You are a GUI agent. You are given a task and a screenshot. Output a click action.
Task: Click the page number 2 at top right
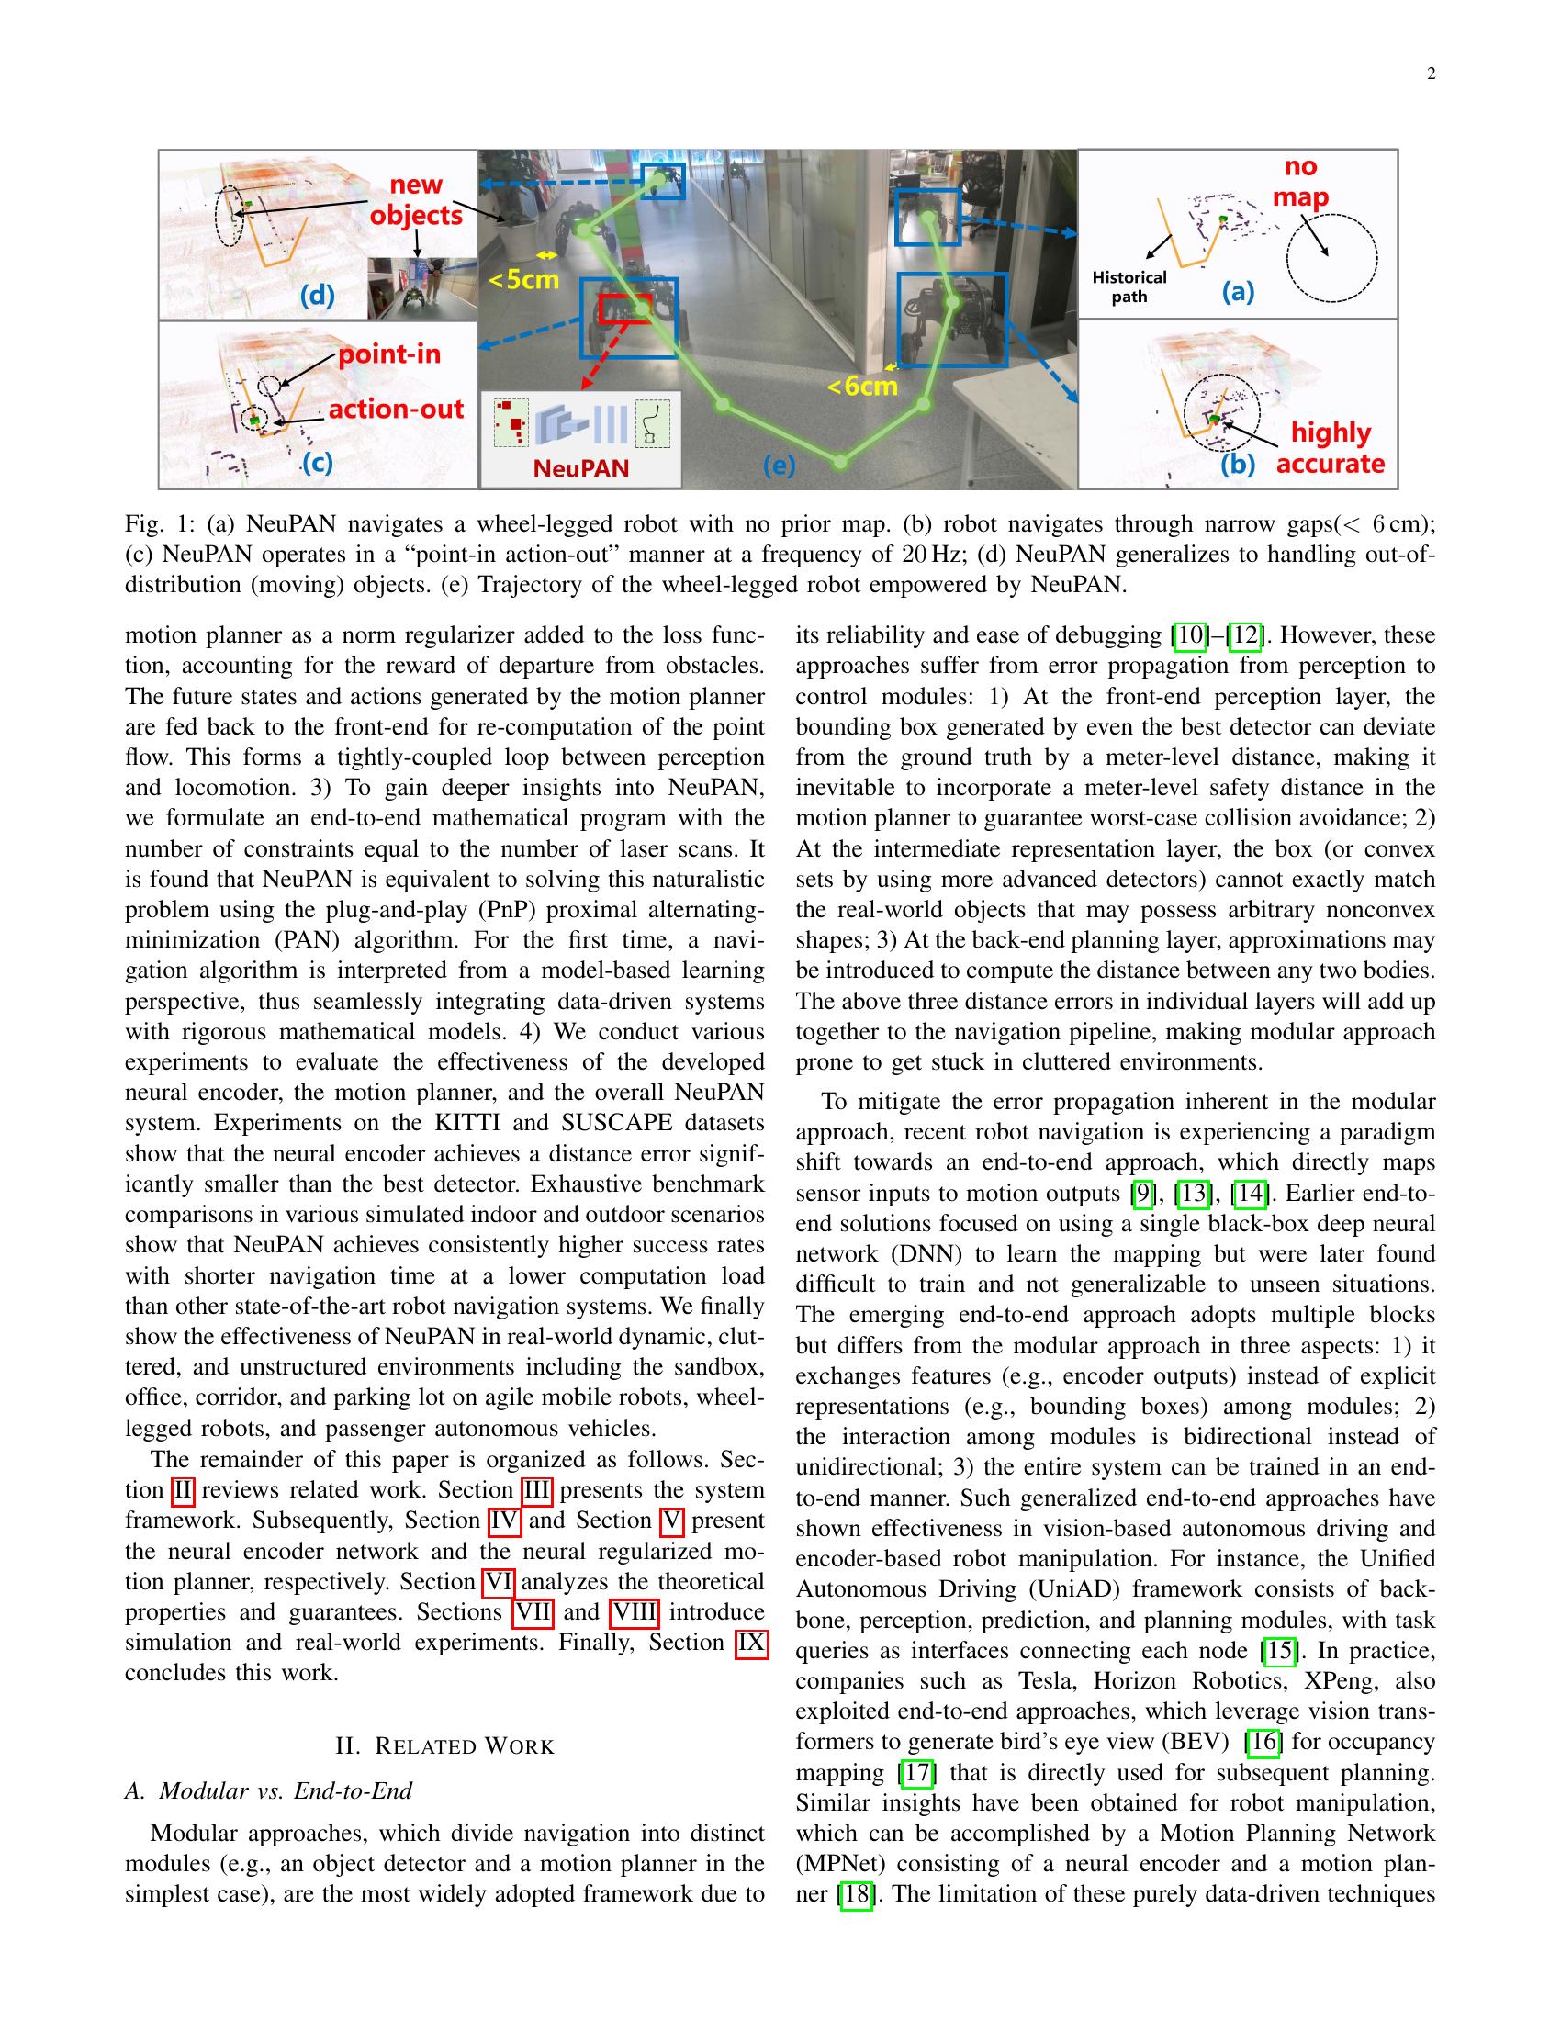click(x=1431, y=75)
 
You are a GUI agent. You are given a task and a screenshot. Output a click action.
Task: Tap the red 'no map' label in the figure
click(x=1300, y=182)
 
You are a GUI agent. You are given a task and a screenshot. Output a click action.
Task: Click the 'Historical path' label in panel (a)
click(x=1129, y=286)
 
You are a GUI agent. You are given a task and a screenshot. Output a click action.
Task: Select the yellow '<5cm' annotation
click(x=524, y=278)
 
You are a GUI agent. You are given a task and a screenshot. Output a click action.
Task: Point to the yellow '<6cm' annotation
click(x=862, y=386)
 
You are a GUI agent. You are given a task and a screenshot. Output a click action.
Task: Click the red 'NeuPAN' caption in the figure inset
click(x=580, y=468)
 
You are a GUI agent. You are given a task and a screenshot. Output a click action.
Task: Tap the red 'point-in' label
click(x=388, y=354)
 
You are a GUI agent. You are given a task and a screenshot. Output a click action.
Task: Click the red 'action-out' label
click(x=396, y=409)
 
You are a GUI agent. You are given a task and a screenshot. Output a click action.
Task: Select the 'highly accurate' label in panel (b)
click(x=1330, y=448)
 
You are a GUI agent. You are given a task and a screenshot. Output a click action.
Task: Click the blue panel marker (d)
click(x=317, y=296)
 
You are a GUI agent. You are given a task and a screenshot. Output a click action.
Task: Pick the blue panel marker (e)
click(x=779, y=466)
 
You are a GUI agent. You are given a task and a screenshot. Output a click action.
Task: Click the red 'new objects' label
click(x=416, y=200)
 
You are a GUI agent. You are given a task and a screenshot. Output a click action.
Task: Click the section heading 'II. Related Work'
click(x=444, y=1746)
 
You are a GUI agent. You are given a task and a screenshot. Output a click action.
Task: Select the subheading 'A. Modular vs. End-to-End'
click(x=268, y=1790)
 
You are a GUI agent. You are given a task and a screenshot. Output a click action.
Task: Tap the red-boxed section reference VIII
click(x=635, y=1612)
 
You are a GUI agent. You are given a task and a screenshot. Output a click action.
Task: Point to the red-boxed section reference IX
click(x=751, y=1643)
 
